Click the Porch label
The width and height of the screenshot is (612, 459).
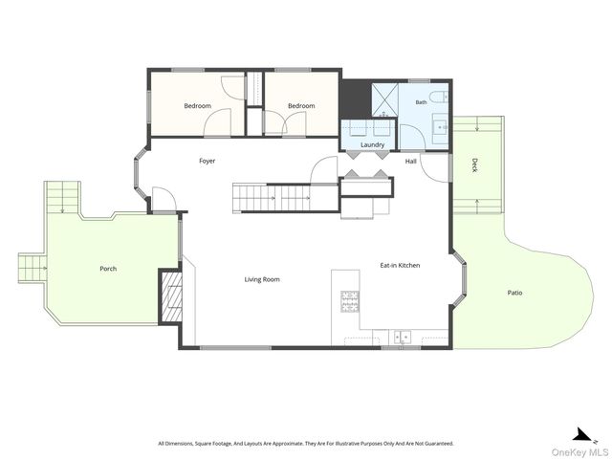click(x=108, y=269)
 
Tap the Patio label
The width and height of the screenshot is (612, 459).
click(x=514, y=293)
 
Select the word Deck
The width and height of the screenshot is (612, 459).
click(x=474, y=165)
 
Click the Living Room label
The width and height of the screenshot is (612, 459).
click(x=262, y=279)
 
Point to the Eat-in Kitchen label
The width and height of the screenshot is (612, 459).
click(x=400, y=266)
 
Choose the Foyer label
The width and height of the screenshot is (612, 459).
click(x=207, y=161)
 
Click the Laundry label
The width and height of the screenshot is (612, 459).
click(x=372, y=144)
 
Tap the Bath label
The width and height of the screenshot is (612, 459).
click(x=421, y=102)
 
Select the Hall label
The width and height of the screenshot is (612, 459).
click(x=410, y=162)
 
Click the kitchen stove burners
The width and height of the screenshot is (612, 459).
click(x=350, y=301)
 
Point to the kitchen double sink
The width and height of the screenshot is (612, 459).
click(x=403, y=336)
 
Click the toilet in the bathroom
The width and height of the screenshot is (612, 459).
click(x=438, y=97)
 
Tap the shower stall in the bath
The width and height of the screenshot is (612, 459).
click(x=384, y=99)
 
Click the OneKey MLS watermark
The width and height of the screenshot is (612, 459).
click(x=579, y=452)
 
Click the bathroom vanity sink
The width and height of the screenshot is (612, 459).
click(x=442, y=127)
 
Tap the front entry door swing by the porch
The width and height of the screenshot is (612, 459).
click(x=164, y=199)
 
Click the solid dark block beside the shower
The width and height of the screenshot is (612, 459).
click(x=356, y=99)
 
